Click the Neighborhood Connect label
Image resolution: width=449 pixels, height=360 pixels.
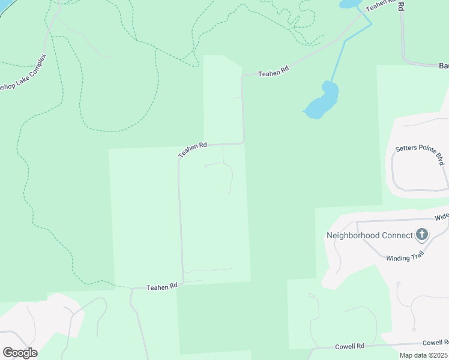[369, 235]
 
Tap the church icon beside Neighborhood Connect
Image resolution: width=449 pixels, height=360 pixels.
[422, 235]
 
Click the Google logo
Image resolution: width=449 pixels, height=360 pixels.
[20, 352]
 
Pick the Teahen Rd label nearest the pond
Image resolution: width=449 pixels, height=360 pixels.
[273, 73]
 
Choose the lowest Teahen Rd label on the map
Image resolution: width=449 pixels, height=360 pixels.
[163, 287]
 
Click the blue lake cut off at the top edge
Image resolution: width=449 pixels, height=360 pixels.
[349, 4]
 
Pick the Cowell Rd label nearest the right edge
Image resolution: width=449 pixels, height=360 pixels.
[436, 343]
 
